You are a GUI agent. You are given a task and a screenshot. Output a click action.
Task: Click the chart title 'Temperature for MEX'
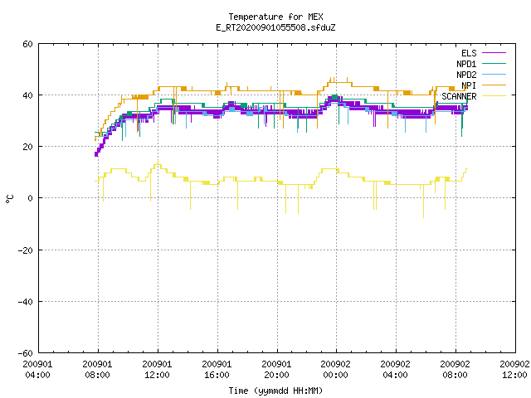click(275, 17)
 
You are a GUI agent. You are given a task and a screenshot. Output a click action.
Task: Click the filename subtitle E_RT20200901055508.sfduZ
click(275, 27)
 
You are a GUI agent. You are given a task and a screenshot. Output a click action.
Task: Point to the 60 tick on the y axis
click(27, 44)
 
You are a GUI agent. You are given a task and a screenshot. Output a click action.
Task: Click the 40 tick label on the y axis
click(27, 95)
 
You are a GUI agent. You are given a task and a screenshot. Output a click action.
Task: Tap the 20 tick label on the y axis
click(27, 147)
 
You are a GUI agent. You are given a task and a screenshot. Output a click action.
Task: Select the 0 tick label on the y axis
click(31, 198)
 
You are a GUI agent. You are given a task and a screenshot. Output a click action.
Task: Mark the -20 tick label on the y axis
click(26, 250)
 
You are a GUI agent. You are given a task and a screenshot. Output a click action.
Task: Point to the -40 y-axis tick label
click(26, 302)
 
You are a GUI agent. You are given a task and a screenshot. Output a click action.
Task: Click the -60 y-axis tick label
click(26, 353)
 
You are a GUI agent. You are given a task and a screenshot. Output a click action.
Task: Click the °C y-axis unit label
click(9, 199)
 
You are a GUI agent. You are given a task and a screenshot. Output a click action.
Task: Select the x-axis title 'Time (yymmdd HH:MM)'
click(275, 391)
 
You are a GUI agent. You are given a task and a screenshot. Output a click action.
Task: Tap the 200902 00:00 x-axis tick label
click(335, 369)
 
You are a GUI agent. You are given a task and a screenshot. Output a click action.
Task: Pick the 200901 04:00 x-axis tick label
click(37, 369)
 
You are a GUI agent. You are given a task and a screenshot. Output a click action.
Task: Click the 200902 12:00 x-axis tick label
click(514, 369)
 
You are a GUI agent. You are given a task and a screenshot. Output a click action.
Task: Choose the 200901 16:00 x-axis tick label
click(217, 369)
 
